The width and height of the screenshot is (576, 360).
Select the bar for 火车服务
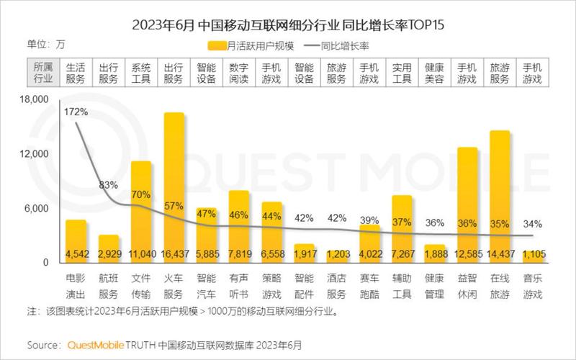click(174, 187)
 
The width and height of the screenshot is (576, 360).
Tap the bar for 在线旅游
click(500, 194)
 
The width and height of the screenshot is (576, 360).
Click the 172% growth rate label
click(76, 112)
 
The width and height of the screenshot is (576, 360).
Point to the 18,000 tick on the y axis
click(34, 99)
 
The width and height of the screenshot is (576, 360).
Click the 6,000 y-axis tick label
click(37, 209)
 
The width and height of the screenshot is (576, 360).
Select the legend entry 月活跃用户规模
click(240, 45)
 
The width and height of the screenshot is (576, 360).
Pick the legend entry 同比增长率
click(346, 45)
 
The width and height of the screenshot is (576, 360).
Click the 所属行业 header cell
click(43, 73)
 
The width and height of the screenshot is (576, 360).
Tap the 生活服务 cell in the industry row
click(76, 73)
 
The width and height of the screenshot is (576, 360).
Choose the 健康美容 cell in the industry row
click(435, 73)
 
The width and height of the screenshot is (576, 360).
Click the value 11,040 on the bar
click(141, 254)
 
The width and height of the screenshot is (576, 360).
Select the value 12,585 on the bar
click(467, 254)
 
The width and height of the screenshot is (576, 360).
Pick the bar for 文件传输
click(141, 209)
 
